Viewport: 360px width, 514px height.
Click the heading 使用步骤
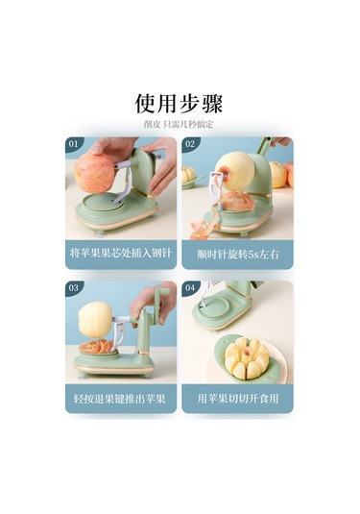[x=179, y=104]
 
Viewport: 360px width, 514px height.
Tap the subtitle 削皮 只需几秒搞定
[x=179, y=125]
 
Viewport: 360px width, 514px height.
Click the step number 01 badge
[x=74, y=144]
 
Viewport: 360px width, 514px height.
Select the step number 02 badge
[x=190, y=144]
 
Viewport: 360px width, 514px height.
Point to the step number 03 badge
[x=74, y=288]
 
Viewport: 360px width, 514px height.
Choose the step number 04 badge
[x=190, y=288]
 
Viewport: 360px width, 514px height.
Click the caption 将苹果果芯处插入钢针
[x=121, y=253]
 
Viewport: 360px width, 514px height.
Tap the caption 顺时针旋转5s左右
[x=238, y=255]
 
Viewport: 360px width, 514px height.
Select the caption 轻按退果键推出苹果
[x=120, y=399]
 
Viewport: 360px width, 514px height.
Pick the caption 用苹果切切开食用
[x=238, y=399]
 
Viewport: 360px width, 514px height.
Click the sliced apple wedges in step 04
[x=247, y=359]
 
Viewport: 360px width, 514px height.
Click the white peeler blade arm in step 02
[x=216, y=186]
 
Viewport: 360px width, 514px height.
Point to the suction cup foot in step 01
[x=100, y=234]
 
